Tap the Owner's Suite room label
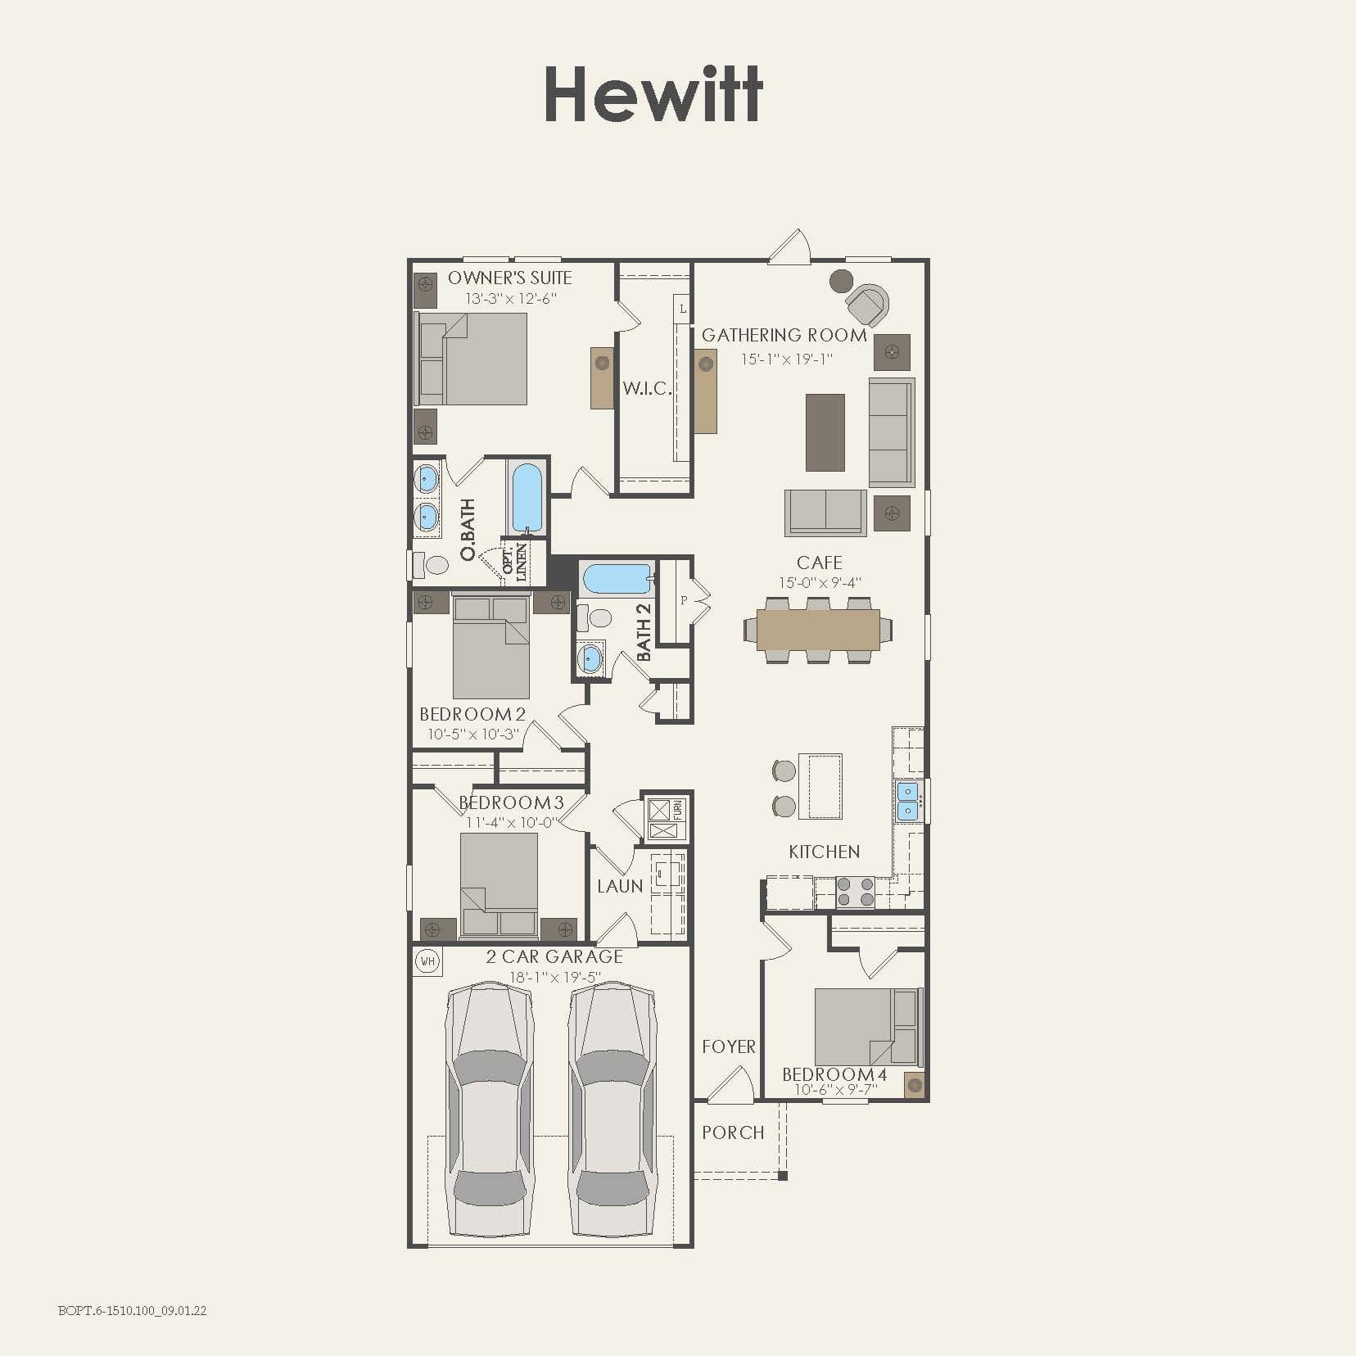[509, 278]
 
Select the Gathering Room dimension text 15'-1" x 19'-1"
[786, 359]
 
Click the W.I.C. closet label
[646, 388]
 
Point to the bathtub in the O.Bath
[527, 498]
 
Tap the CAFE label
[819, 563]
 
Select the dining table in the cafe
[818, 630]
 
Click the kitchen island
[820, 786]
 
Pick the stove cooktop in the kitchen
[855, 891]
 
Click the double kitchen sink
[907, 800]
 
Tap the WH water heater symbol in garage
[427, 960]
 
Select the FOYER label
[728, 1046]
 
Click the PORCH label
[733, 1132]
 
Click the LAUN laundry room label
[619, 886]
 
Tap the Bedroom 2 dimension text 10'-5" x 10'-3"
[472, 734]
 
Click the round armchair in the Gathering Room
[867, 305]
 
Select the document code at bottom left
[132, 1310]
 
